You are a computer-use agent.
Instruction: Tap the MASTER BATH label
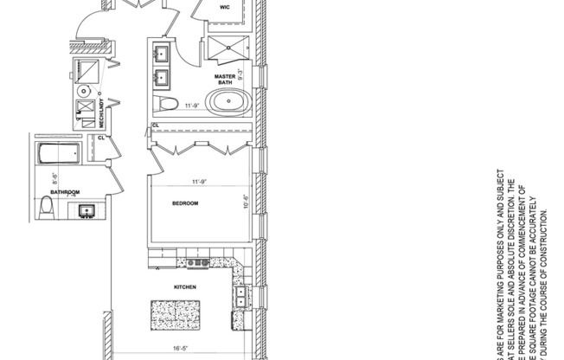pyautogui.click(x=227, y=79)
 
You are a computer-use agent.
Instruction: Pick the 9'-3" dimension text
pyautogui.click(x=242, y=74)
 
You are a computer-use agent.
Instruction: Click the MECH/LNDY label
pyautogui.click(x=103, y=112)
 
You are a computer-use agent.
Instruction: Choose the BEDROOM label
pyautogui.click(x=185, y=203)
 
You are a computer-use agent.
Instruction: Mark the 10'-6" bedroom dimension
pyautogui.click(x=247, y=202)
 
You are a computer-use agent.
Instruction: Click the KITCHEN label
pyautogui.click(x=185, y=286)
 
